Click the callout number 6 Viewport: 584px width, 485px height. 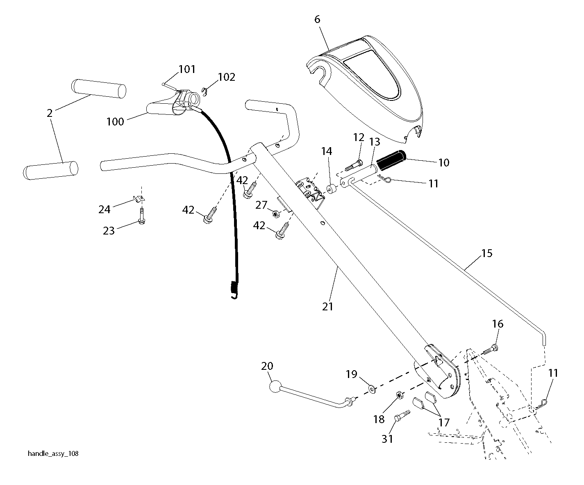317,19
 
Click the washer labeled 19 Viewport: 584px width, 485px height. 372,389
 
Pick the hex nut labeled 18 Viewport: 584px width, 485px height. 400,395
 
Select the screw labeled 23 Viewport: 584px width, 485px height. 142,216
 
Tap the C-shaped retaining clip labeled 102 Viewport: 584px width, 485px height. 205,91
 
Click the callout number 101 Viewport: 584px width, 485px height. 187,69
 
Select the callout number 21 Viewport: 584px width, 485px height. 327,307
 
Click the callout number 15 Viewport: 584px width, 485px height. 487,253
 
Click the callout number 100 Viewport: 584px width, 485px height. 115,122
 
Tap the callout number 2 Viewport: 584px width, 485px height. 50,113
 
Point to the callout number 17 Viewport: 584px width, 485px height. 444,422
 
